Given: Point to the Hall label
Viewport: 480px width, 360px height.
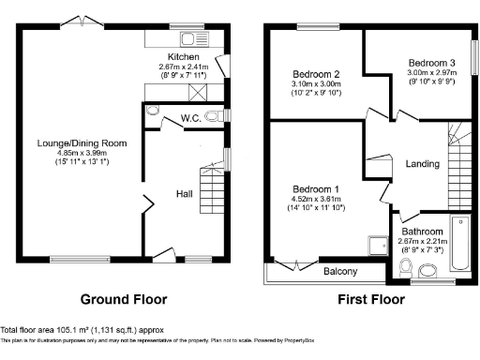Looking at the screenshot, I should tap(185, 194).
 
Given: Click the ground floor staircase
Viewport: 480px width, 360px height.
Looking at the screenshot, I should tap(212, 193).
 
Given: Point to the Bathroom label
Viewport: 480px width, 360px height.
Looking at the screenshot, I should tap(422, 231).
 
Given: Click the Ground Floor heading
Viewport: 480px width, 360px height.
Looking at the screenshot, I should tap(124, 300).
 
